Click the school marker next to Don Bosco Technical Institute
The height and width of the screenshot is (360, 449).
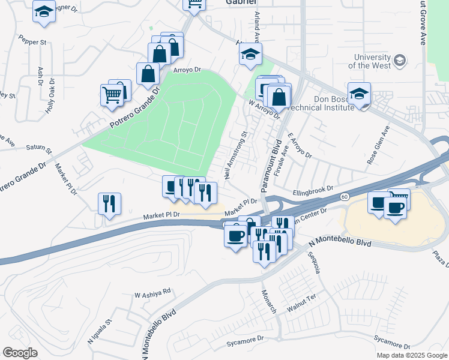359,94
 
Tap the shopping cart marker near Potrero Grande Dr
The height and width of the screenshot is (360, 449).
112,95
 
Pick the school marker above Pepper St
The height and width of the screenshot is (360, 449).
44,11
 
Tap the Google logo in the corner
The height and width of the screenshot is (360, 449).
20,353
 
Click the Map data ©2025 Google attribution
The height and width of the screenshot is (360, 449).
411,355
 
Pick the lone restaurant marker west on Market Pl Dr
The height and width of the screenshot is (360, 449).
109,203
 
